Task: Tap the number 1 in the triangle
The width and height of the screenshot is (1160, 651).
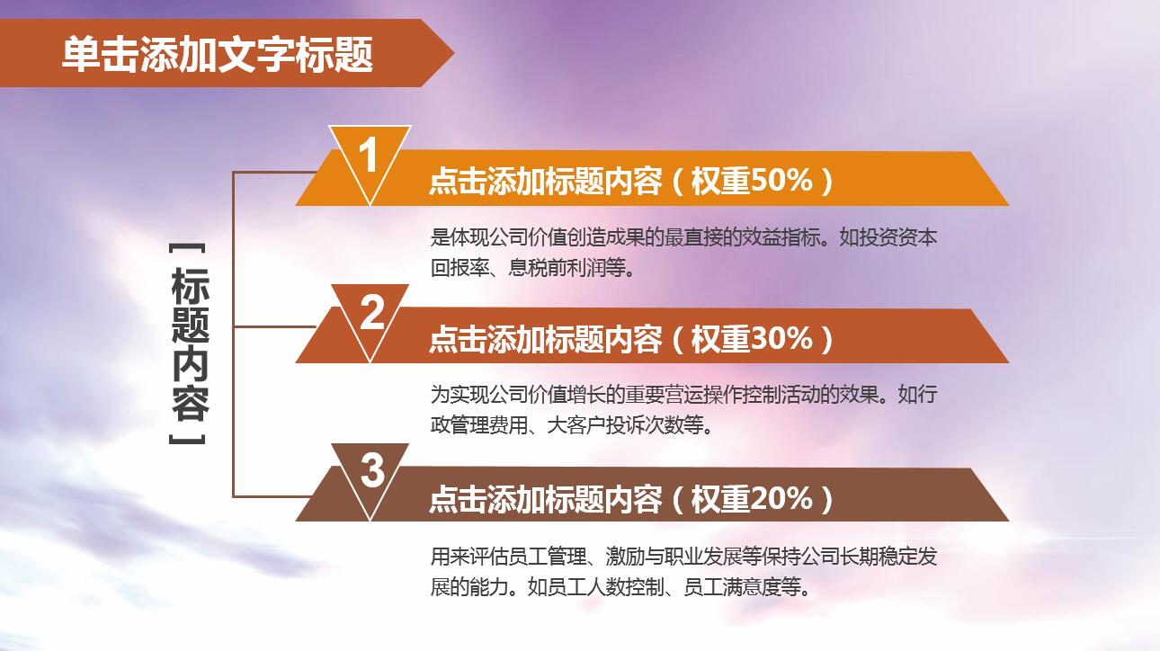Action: pos(369,156)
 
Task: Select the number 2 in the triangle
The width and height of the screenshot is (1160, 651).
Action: pos(372,313)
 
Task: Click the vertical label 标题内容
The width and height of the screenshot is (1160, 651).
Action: pos(189,344)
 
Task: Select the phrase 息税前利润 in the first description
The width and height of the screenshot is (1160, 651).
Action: pos(558,268)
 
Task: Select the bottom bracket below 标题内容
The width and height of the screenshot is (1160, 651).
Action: pos(189,441)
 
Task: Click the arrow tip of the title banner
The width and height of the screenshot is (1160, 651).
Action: pos(446,54)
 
